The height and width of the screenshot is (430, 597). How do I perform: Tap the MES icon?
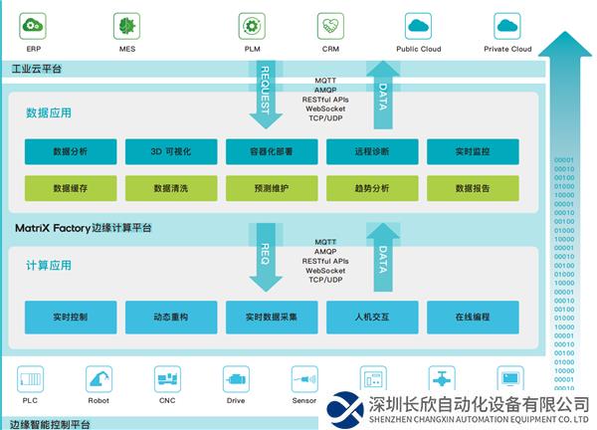pyautogui.click(x=126, y=26)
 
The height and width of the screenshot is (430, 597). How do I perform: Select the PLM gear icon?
pyautogui.click(x=252, y=26)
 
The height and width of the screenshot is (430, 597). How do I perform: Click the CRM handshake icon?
pyautogui.click(x=330, y=26)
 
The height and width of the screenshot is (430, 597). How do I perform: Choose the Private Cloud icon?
pyautogui.click(x=507, y=26)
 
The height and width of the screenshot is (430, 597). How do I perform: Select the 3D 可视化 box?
pyautogui.click(x=170, y=151)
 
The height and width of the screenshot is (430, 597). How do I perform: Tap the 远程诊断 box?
pyautogui.click(x=371, y=151)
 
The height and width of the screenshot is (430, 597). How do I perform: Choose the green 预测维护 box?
pyautogui.click(x=271, y=187)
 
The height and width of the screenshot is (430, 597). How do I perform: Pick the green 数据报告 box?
pyautogui.click(x=472, y=187)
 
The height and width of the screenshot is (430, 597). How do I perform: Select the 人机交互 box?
pyautogui.click(x=371, y=317)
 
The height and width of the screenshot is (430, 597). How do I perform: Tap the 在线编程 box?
pyautogui.click(x=472, y=317)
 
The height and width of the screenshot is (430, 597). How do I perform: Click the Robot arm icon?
pyautogui.click(x=99, y=379)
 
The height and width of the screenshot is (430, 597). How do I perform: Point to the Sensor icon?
pyautogui.click(x=303, y=379)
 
